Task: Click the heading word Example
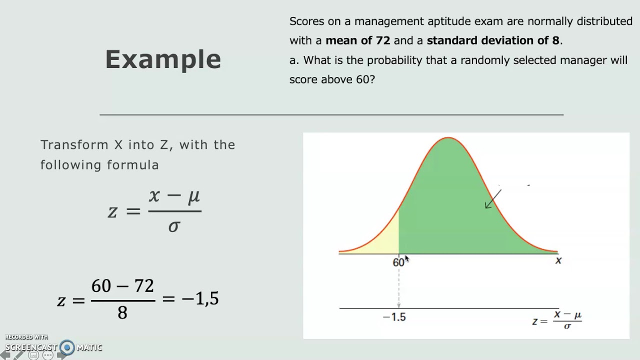pyautogui.click(x=163, y=59)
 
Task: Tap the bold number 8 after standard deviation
pyautogui.click(x=556, y=40)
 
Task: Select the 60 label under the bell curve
pyautogui.click(x=398, y=262)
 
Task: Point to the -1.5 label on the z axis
pyautogui.click(x=394, y=317)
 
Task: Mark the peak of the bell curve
pyautogui.click(x=448, y=138)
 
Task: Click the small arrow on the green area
pyautogui.click(x=492, y=199)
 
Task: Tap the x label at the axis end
pyautogui.click(x=558, y=260)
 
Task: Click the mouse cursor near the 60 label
pyautogui.click(x=406, y=258)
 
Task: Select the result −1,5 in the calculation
pyautogui.click(x=200, y=298)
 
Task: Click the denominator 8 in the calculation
pyautogui.click(x=122, y=313)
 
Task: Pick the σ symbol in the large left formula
pyautogui.click(x=174, y=226)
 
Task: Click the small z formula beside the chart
pyautogui.click(x=557, y=320)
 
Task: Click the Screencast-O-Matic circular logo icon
pyautogui.click(x=67, y=347)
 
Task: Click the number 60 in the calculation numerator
pyautogui.click(x=101, y=286)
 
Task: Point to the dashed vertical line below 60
pyautogui.click(x=398, y=287)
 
